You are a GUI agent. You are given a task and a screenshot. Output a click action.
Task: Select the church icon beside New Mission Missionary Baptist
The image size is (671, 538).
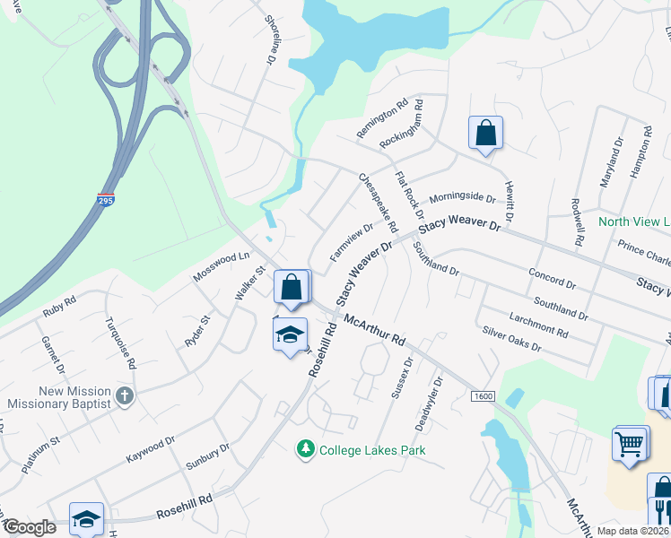(125, 395)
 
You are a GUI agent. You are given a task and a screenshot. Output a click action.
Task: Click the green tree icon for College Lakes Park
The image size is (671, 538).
(307, 449)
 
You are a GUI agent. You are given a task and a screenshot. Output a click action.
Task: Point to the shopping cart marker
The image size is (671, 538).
(630, 444)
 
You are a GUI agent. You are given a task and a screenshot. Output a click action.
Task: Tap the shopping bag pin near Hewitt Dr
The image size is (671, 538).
(485, 133)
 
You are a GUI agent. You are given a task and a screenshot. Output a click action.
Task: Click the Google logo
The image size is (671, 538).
(29, 527)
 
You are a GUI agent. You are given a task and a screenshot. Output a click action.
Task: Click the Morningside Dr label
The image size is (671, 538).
(462, 197)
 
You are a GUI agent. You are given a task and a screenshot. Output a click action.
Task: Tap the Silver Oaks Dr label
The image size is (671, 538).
(512, 339)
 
